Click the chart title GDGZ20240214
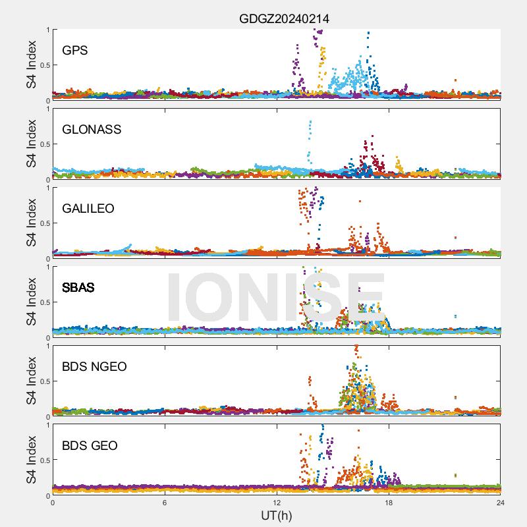click(284, 19)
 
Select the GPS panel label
click(75, 50)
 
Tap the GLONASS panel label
click(92, 129)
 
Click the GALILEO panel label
click(88, 208)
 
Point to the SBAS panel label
click(78, 287)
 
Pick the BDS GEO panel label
click(90, 445)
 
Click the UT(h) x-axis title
click(276, 515)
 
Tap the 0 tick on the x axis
click(53, 503)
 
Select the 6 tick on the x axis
click(165, 503)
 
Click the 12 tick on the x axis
click(277, 503)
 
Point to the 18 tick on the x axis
click(389, 503)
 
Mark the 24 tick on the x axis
click(501, 503)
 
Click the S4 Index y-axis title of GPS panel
click(31, 65)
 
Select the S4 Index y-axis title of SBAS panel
click(31, 302)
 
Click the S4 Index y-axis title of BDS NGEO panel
click(31, 381)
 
